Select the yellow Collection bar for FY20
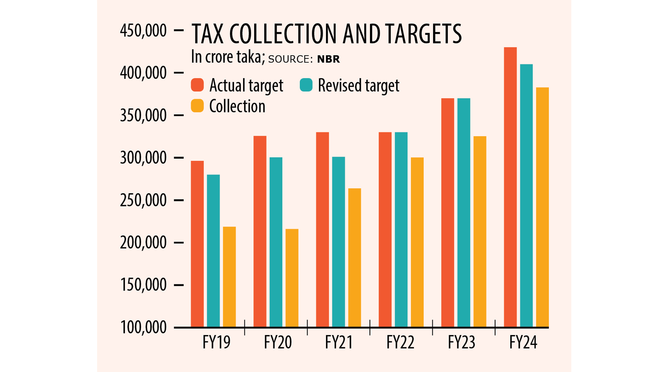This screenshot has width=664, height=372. tap(292, 278)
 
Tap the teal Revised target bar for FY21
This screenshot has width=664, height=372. tap(338, 242)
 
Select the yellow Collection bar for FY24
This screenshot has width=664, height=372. tap(542, 207)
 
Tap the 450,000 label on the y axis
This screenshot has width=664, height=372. tap(143, 31)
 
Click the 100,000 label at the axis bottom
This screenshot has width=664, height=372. tap(143, 328)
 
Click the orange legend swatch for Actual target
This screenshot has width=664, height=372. tap(197, 85)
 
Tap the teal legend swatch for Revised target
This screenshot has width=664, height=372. tap(306, 85)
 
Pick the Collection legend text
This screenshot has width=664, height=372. tap(237, 106)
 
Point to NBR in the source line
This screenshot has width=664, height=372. tap(329, 59)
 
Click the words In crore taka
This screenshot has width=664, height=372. tap(228, 57)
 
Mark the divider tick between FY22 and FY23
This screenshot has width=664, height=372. tap(432, 327)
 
